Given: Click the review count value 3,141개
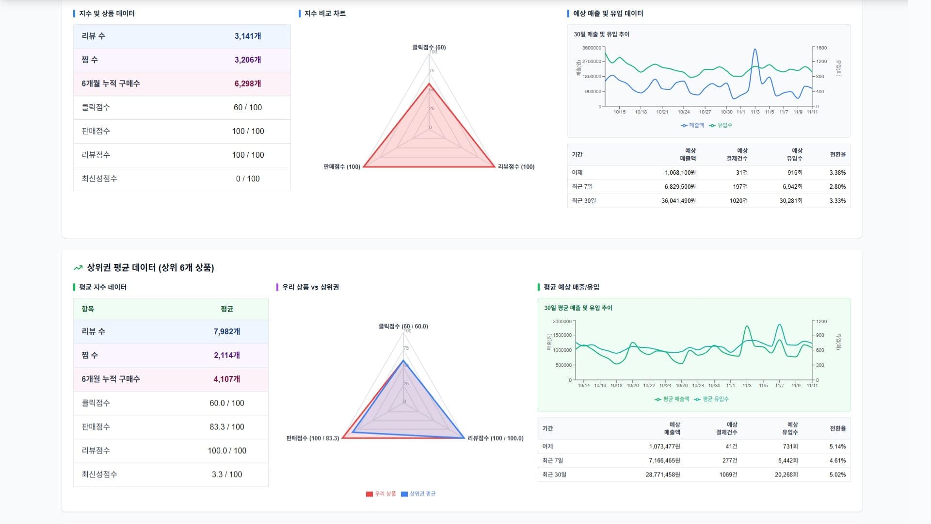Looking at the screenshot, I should pos(247,36).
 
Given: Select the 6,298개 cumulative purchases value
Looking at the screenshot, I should pos(247,83).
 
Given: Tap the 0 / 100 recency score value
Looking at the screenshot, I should pos(247,179).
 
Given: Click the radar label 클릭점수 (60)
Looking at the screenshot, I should pos(429,47).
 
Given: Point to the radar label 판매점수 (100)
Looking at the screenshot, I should pos(342,166).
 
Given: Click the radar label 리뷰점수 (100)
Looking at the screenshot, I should pos(516,166).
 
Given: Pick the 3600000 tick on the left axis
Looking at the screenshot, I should pos(592,48).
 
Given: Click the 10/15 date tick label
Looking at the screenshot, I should pos(619,112).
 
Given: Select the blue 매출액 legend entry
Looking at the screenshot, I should pos(692,125).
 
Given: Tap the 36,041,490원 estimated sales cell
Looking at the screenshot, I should pos(678,200).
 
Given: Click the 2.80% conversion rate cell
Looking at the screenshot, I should pos(837,186).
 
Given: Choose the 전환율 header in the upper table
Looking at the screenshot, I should pos(837,154).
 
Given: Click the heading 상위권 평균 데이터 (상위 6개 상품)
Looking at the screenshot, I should pos(150,267).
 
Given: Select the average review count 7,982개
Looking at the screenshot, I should pos(226,331).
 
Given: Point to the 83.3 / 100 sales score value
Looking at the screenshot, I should pos(226,426).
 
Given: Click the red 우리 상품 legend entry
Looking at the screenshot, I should pos(381,493).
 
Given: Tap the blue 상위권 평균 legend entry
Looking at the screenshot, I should pos(418,493).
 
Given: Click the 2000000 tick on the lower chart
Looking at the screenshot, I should pos(562,321).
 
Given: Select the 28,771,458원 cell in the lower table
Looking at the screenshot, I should pos(662,475).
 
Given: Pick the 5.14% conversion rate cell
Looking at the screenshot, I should pos(837,446).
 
